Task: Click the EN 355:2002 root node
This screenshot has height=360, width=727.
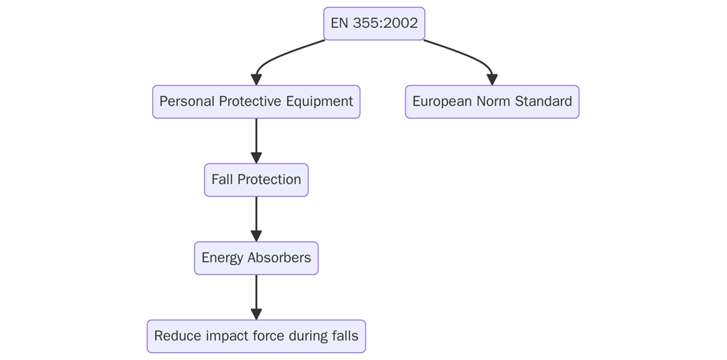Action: coord(374,24)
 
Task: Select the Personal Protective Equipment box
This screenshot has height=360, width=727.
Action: coord(256,101)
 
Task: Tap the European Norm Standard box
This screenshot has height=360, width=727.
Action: coord(492,101)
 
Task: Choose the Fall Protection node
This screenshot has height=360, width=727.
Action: coord(256,180)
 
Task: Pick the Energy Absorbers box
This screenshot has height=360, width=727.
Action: coord(256,258)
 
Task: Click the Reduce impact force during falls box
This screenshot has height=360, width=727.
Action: coord(256,336)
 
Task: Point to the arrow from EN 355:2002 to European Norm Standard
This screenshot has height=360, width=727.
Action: coord(466,55)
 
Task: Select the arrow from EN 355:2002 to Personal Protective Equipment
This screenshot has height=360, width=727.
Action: coord(281,55)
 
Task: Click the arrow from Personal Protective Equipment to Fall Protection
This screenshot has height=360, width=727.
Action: coord(256,141)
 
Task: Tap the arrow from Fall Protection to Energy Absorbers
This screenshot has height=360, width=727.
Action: coord(256,219)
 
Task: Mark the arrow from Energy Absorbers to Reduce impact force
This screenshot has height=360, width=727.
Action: coord(256,297)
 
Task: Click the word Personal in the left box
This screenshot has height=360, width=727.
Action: coord(186,101)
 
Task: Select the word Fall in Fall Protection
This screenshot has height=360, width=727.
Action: coord(222,180)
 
